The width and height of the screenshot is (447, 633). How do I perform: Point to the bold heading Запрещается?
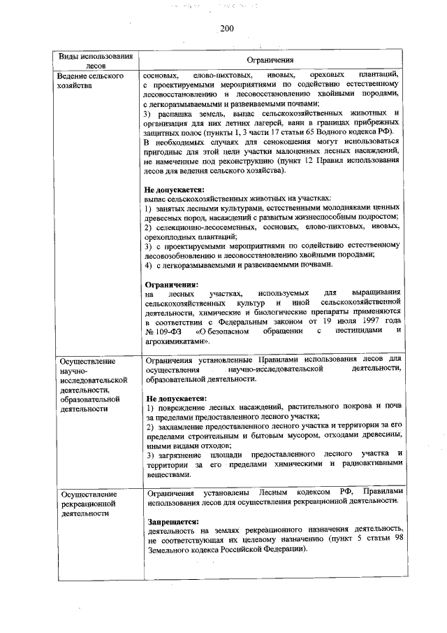pos(171,522)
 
